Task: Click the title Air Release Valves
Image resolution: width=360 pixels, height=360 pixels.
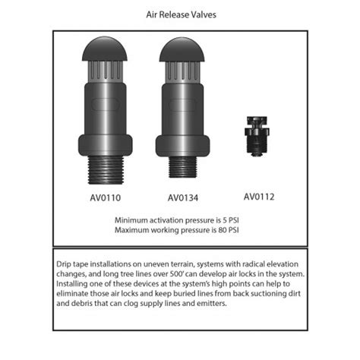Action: coord(180,14)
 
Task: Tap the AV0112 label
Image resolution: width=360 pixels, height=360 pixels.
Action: coord(259,197)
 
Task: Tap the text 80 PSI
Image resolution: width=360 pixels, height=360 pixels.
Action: coord(235,229)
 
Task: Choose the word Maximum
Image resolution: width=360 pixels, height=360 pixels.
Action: coord(131,229)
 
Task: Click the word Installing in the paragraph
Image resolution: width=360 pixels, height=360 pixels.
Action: coord(74,283)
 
